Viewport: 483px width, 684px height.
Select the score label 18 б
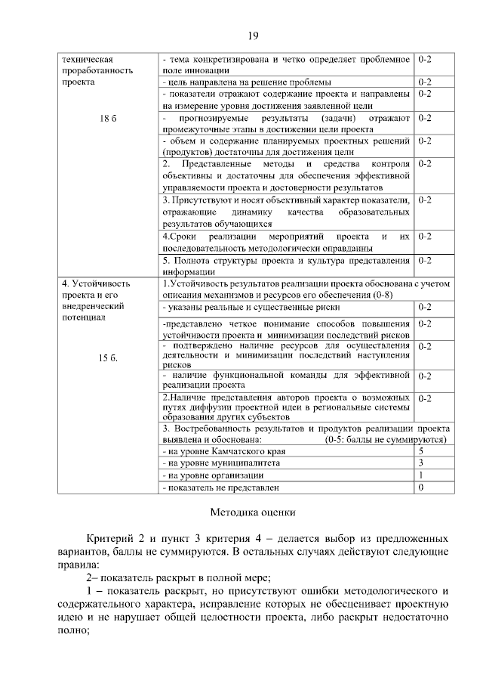(109, 119)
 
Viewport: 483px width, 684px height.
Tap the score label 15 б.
(109, 357)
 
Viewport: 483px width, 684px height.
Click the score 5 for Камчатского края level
(421, 450)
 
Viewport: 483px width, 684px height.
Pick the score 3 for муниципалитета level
(421, 463)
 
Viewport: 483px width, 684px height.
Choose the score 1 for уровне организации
(421, 475)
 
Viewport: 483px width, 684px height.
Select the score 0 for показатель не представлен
(421, 487)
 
